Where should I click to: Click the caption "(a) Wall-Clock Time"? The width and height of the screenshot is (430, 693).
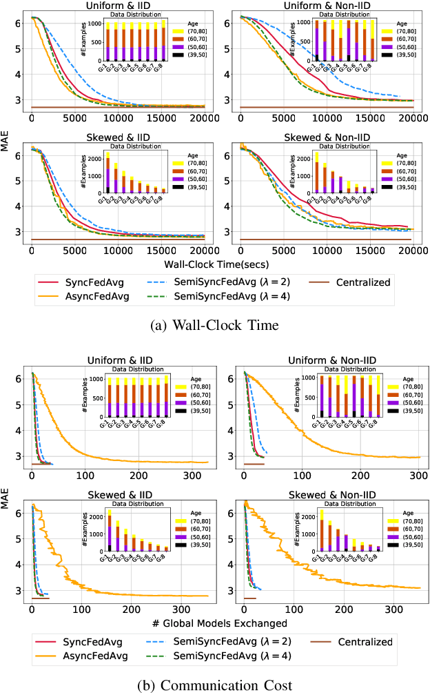point(215,325)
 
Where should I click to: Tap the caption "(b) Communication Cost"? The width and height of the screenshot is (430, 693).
point(215,685)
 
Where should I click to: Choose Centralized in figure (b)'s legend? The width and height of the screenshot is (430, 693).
point(365,642)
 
